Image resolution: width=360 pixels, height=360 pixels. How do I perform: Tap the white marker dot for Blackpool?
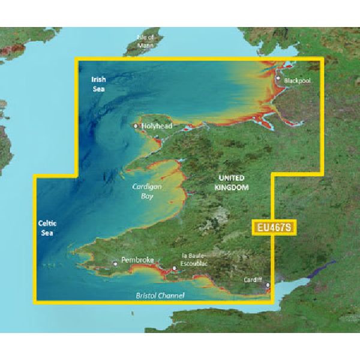click(x=278, y=78)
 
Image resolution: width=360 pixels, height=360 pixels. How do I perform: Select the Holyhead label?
click(x=157, y=127)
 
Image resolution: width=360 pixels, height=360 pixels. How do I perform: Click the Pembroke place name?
click(x=138, y=260)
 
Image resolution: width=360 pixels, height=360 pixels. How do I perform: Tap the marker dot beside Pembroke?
click(x=116, y=263)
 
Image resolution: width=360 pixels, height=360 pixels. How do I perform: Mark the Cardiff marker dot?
click(x=268, y=286)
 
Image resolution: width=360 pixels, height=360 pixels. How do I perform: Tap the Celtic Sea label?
click(x=47, y=227)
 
